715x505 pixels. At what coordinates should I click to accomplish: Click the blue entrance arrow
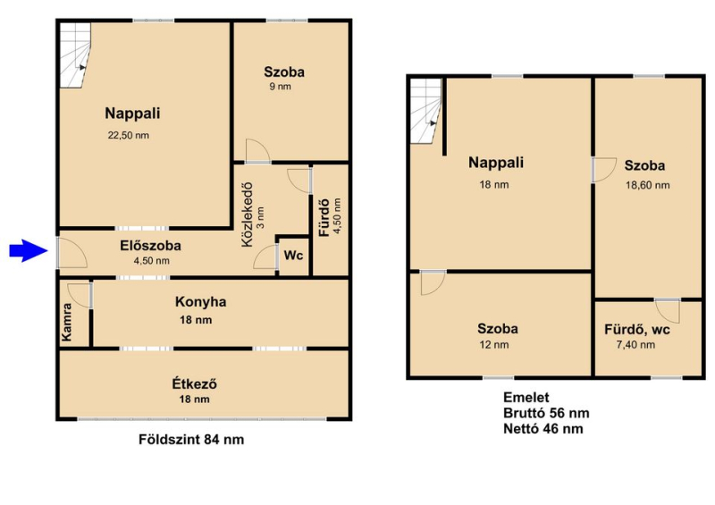point(29,250)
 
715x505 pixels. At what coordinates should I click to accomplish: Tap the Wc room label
point(293,256)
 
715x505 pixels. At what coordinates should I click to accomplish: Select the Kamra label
point(66,322)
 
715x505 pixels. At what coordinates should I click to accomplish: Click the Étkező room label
point(194,384)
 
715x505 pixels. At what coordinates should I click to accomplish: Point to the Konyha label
point(200,302)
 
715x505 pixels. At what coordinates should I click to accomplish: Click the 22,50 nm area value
point(128,136)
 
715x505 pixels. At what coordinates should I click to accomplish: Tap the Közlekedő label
point(247,215)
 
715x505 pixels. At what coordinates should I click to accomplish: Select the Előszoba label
point(150,246)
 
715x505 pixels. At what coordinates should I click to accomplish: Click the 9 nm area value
point(280,87)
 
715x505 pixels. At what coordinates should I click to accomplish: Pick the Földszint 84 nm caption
point(191,440)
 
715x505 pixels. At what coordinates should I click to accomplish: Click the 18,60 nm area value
point(647,185)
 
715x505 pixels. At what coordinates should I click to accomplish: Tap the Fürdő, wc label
point(637,330)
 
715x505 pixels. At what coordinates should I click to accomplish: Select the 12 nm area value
point(494,345)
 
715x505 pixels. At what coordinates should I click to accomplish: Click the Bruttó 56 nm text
point(546,413)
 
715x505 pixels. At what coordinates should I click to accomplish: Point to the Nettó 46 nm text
point(543,429)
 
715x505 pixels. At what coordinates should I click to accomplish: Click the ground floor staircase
point(76,55)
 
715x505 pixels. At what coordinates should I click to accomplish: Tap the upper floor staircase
point(426,112)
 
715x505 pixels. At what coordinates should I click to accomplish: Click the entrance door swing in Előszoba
point(72,252)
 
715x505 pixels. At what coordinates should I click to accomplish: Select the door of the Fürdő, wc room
point(668,310)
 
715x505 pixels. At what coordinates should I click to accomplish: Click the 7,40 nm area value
point(635,345)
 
